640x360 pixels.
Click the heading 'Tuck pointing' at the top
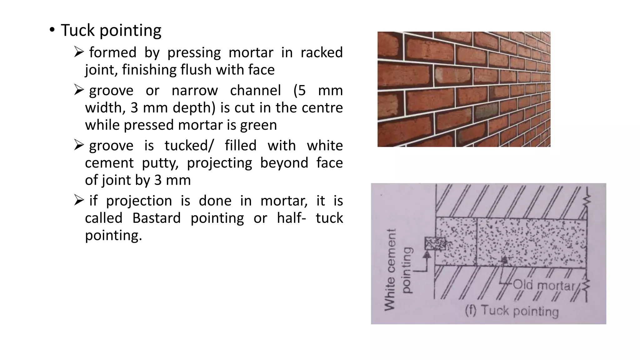(x=111, y=30)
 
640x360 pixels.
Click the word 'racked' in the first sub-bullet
(x=322, y=52)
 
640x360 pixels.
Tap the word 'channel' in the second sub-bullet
(x=255, y=90)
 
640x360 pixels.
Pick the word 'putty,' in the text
(x=160, y=163)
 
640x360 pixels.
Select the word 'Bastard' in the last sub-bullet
(x=156, y=218)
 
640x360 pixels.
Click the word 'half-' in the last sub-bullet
(x=291, y=218)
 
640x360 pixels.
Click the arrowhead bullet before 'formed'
(x=79, y=52)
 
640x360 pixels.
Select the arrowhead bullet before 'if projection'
(x=79, y=200)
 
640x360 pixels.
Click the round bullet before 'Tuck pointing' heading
(x=52, y=30)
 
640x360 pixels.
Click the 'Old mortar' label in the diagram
(x=544, y=285)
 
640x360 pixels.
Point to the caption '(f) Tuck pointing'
(x=512, y=311)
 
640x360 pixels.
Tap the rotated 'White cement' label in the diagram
(x=390, y=269)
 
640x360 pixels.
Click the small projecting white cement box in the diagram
(x=435, y=243)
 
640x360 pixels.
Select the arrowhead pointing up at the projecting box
(x=427, y=254)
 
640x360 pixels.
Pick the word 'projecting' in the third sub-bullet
(x=219, y=163)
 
